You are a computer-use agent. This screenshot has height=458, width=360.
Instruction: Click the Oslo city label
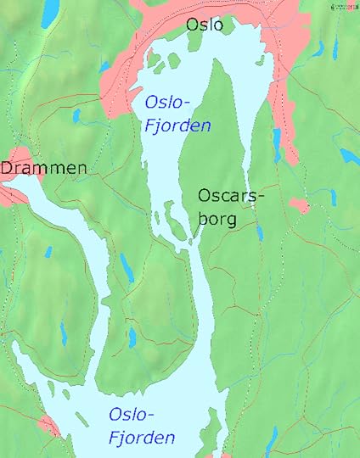coord(205,25)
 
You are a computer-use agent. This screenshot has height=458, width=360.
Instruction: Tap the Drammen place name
coord(43,169)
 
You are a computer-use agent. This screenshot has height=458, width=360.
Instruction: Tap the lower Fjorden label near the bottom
coord(142,438)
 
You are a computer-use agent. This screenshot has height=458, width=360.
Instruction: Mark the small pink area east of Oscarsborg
coord(298,205)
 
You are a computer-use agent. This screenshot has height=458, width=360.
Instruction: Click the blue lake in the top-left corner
coord(50,8)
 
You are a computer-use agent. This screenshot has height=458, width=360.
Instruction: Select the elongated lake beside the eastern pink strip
coord(277,145)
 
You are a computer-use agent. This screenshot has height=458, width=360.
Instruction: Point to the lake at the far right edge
coord(349,157)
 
